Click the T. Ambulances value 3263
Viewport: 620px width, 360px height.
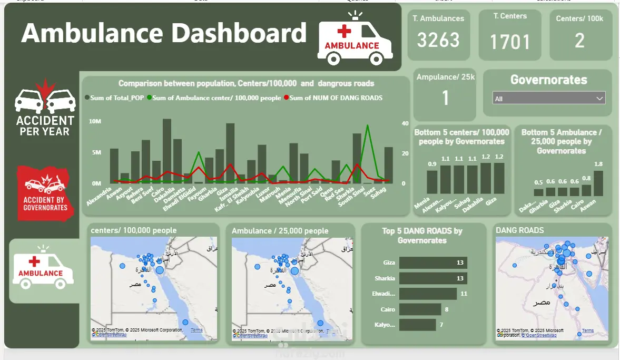(x=438, y=40)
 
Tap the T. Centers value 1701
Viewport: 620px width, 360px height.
(x=509, y=42)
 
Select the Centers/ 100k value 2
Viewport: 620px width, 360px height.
(x=579, y=41)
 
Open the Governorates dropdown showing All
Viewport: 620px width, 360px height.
(x=549, y=99)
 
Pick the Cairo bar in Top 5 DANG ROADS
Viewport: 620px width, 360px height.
(x=420, y=309)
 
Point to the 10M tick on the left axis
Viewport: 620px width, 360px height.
(x=95, y=121)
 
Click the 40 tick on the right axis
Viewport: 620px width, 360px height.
(x=405, y=123)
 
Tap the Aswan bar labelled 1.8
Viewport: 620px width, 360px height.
(x=598, y=183)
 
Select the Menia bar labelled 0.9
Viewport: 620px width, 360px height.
(x=432, y=182)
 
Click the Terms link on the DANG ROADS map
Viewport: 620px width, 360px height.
(x=587, y=330)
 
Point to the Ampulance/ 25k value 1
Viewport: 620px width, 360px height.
(x=445, y=98)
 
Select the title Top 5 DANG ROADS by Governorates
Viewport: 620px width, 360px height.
(x=422, y=236)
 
